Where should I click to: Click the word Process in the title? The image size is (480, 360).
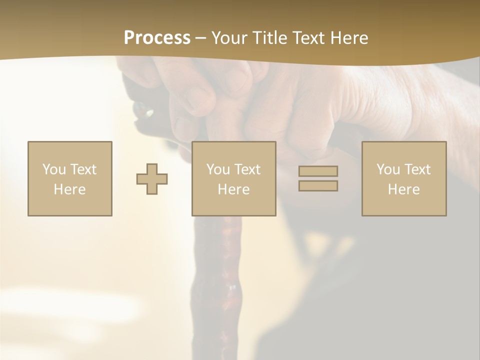[x=157, y=38]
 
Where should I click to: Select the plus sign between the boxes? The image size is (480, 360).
[x=152, y=179]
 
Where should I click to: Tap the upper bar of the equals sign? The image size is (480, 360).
[x=318, y=171]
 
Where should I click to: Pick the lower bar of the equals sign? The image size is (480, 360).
[x=318, y=186]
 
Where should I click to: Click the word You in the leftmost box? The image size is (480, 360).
[x=53, y=169]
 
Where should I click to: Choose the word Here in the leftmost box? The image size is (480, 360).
[x=69, y=189]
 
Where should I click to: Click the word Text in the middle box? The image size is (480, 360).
[x=247, y=169]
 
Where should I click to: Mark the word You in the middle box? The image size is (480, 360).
[x=218, y=169]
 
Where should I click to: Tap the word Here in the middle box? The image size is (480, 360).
[x=233, y=189]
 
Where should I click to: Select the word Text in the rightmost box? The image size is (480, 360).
[x=417, y=169]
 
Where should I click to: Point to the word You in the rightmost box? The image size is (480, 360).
[x=388, y=169]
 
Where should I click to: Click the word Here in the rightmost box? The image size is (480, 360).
[x=403, y=189]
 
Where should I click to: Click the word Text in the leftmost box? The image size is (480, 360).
[x=82, y=169]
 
